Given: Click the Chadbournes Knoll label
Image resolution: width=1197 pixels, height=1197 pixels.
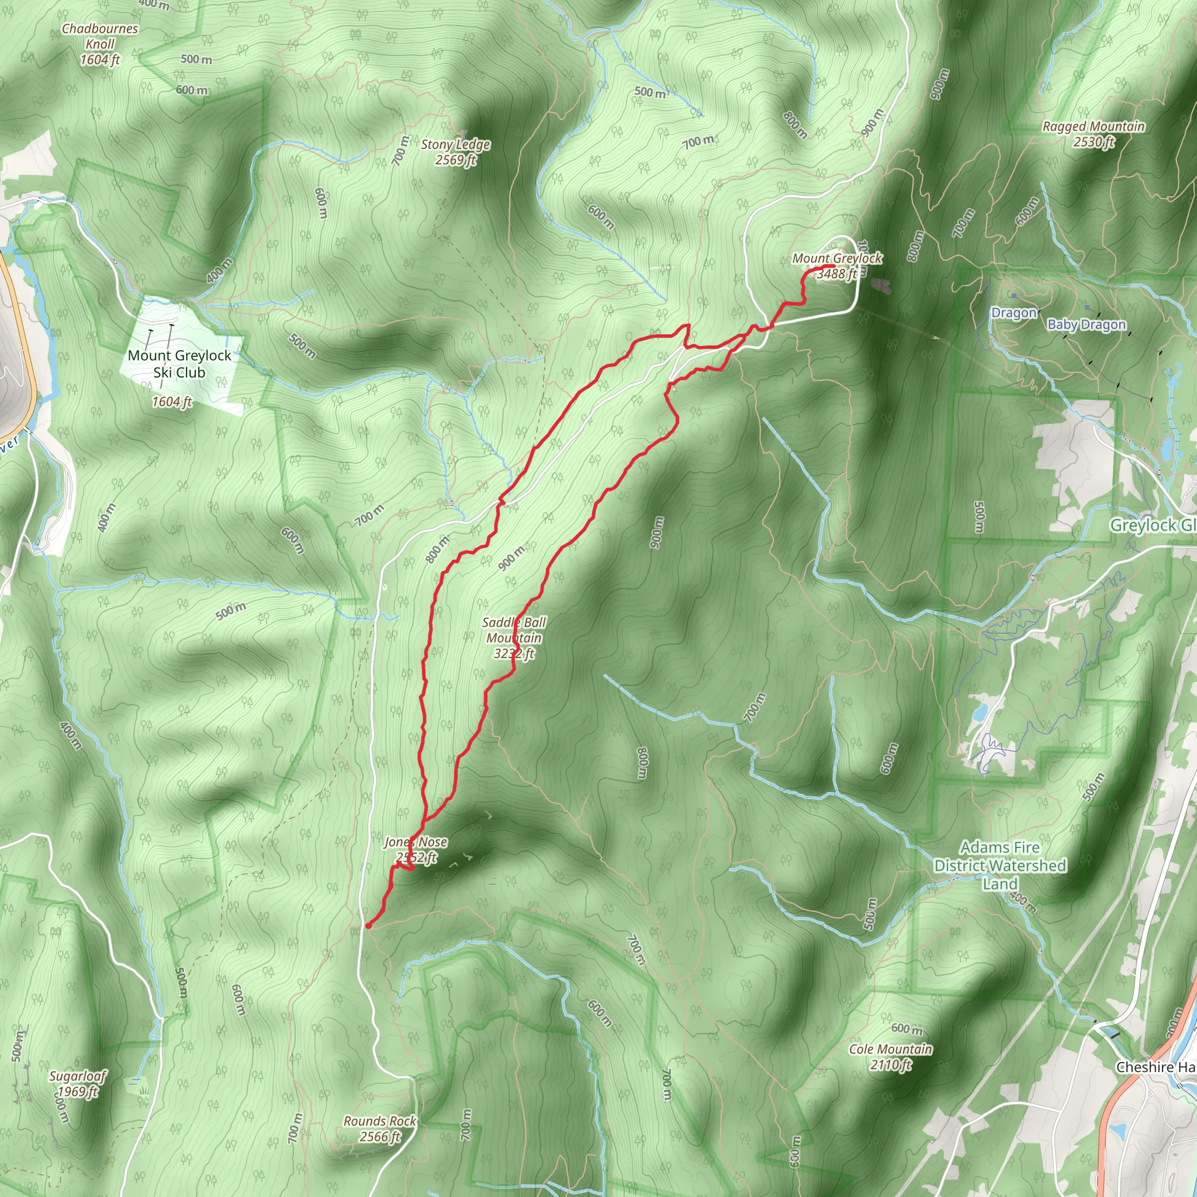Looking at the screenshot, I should pyautogui.click(x=100, y=36).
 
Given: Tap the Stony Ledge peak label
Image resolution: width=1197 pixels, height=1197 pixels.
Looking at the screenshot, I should pyautogui.click(x=455, y=145).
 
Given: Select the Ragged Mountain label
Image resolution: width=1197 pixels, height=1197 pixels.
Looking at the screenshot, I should pyautogui.click(x=1094, y=126).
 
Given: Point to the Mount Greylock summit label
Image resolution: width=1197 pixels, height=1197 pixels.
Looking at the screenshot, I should pyautogui.click(x=837, y=258).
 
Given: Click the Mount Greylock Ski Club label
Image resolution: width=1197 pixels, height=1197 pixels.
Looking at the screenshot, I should pyautogui.click(x=179, y=364).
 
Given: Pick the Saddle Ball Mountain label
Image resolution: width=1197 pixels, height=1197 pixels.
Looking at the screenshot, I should pyautogui.click(x=514, y=630).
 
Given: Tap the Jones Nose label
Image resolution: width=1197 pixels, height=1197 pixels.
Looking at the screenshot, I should pyautogui.click(x=416, y=842).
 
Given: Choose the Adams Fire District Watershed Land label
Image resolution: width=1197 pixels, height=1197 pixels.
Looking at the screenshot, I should pyautogui.click(x=1000, y=866).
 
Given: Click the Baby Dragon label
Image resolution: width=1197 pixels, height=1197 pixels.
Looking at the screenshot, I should pyautogui.click(x=1086, y=324).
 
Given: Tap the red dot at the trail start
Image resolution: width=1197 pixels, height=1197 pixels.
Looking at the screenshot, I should pyautogui.click(x=369, y=926).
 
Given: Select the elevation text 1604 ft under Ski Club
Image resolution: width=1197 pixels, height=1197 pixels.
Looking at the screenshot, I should pyautogui.click(x=172, y=402).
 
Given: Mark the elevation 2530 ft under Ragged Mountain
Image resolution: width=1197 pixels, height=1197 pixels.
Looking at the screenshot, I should pyautogui.click(x=1094, y=142).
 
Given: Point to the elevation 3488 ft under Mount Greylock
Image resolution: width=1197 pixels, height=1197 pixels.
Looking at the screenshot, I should pyautogui.click(x=837, y=274).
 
